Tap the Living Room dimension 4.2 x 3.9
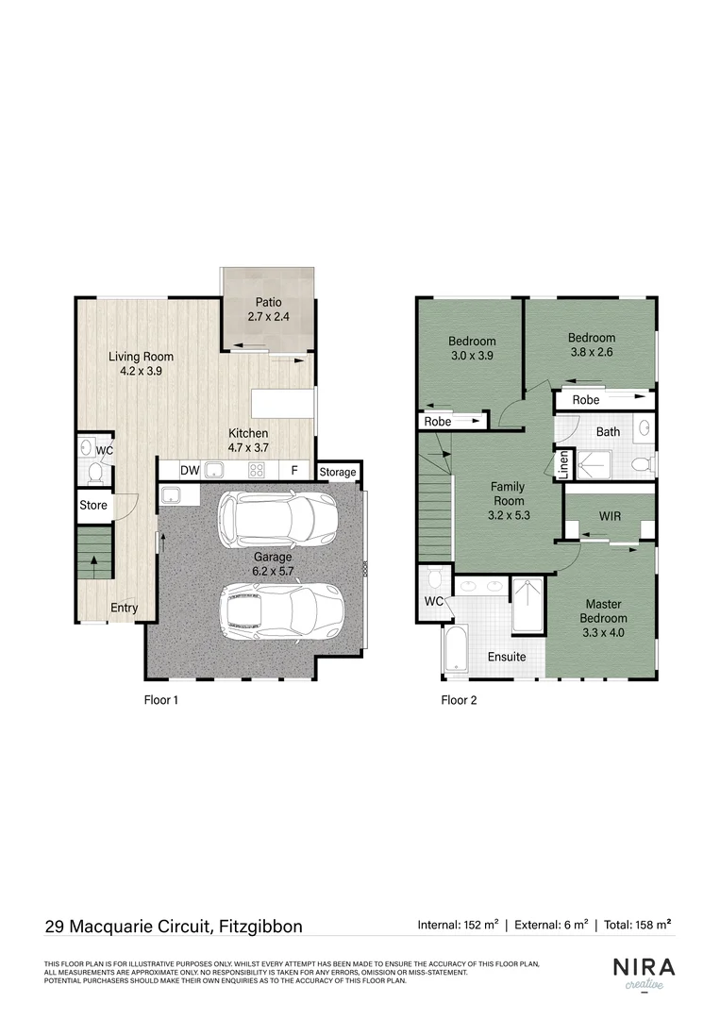pyautogui.click(x=141, y=372)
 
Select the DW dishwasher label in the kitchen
pyautogui.click(x=190, y=470)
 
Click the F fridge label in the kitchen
pyautogui.click(x=294, y=470)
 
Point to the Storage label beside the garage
pyautogui.click(x=337, y=472)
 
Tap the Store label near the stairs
pyautogui.click(x=93, y=505)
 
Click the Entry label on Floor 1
pyautogui.click(x=124, y=608)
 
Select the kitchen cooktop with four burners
pyautogui.click(x=256, y=470)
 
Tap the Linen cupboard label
pyautogui.click(x=563, y=465)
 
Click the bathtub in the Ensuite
pyautogui.click(x=455, y=651)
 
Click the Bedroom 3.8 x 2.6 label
pyautogui.click(x=591, y=345)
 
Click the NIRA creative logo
pyautogui.click(x=645, y=973)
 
